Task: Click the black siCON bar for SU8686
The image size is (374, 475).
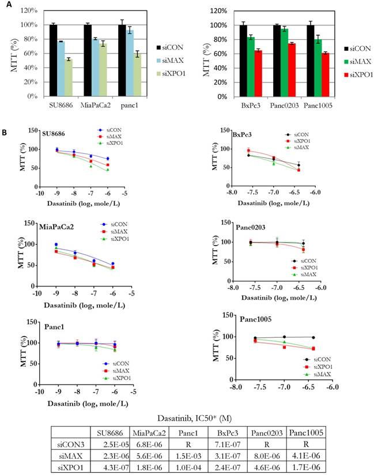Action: pos(53,61)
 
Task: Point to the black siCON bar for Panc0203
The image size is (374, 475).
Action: pos(277,61)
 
